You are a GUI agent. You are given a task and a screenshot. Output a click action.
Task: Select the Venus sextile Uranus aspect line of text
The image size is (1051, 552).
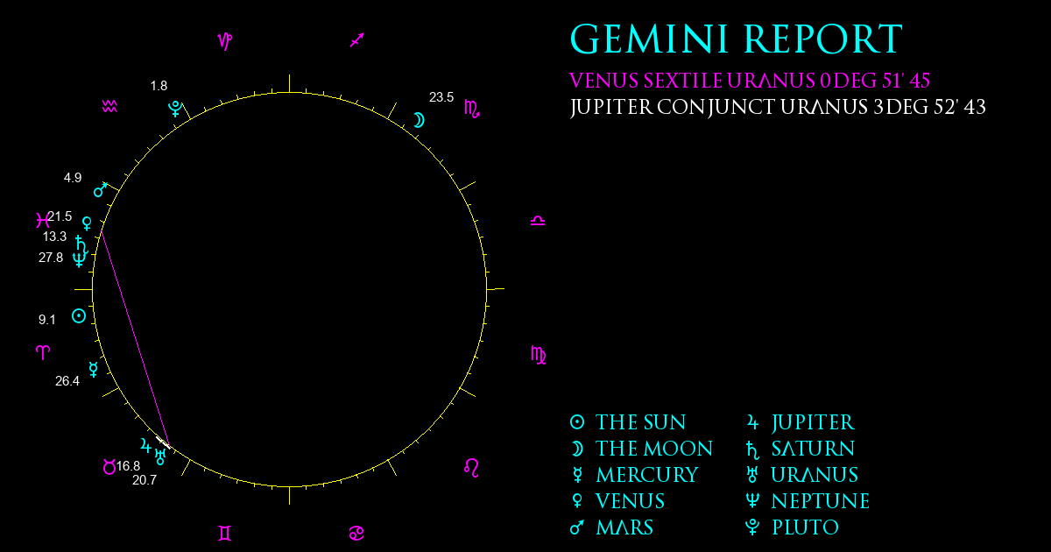point(750,81)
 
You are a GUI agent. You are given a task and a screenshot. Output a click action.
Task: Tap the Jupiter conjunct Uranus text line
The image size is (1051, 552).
point(778,107)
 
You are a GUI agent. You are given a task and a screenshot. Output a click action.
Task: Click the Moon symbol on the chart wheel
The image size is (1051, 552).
point(419,120)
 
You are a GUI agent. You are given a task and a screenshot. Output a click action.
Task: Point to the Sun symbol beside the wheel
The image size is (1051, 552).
point(79,316)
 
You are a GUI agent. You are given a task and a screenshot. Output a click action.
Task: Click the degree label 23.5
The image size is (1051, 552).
point(441,97)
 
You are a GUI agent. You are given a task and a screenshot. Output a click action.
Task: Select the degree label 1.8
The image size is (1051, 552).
point(159,86)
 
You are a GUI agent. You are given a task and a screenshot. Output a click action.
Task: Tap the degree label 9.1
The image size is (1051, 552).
point(47,320)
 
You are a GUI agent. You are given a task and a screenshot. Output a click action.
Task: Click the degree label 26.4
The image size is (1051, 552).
point(67,380)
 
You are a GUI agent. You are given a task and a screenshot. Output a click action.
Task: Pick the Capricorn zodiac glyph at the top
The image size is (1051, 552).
point(225,41)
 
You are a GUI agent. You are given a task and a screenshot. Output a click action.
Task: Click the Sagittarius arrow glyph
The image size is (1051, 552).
point(357,40)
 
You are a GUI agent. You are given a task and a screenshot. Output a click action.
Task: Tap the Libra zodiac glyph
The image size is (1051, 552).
point(538,221)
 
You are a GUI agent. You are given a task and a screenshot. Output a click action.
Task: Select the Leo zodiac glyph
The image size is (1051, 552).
point(471,468)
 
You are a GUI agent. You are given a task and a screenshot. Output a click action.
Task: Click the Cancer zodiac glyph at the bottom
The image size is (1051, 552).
point(356,534)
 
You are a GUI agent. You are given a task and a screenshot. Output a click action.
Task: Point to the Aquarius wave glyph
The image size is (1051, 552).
point(109,107)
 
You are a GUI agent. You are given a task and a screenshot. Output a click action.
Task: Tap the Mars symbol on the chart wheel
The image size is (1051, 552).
point(101,189)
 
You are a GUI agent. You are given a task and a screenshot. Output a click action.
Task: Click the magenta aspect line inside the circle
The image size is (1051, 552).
point(135,337)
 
